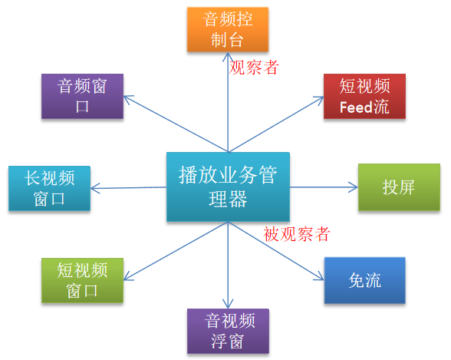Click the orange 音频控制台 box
point(228,29)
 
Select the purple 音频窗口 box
point(84,96)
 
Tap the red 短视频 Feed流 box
point(364,96)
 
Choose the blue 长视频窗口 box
point(49,188)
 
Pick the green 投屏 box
point(399,187)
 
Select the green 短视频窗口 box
point(82,280)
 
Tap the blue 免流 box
point(364,280)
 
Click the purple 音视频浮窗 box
point(228,331)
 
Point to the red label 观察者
point(254,68)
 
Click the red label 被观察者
point(296,233)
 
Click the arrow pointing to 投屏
point(322,187)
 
